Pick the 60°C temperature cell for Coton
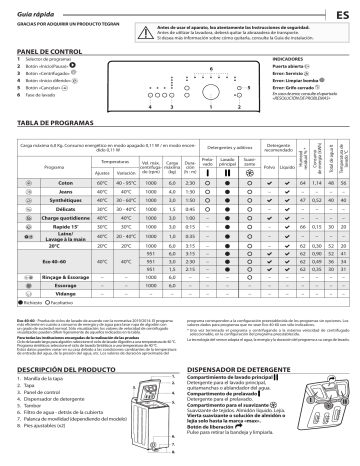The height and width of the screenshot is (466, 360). click(102, 185)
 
